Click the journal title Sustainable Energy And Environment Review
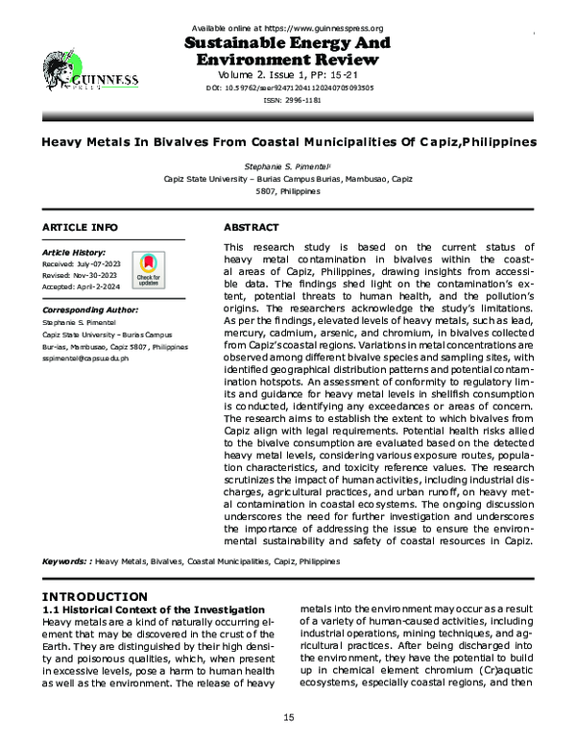tap(287, 51)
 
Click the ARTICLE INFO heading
tap(80, 227)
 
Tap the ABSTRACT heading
tap(252, 227)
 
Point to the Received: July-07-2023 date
tap(82, 262)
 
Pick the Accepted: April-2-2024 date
tap(81, 286)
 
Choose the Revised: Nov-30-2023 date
tap(80, 274)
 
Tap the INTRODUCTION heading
tap(95, 597)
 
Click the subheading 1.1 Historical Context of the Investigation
tap(154, 610)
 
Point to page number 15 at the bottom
tap(287, 718)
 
